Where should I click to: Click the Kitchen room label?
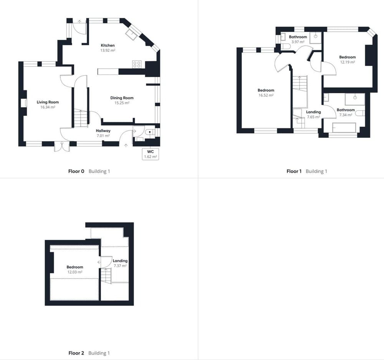[108, 45]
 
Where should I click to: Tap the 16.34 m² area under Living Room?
[48, 107]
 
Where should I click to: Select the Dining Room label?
[122, 98]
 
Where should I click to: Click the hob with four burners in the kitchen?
[137, 64]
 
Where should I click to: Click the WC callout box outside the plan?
[151, 154]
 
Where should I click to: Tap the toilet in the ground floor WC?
[149, 132]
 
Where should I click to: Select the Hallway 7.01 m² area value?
[103, 136]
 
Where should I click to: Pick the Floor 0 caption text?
[76, 171]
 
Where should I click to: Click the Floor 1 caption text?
[294, 171]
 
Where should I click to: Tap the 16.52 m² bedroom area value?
[266, 95]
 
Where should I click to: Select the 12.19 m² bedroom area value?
[348, 62]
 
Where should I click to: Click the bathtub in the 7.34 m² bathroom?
[344, 127]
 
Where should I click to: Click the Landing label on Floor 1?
[313, 112]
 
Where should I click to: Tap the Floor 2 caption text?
[76, 353]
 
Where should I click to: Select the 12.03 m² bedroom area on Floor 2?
[75, 272]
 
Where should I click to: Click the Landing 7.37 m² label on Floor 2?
[120, 263]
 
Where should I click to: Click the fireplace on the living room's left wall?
[24, 103]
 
